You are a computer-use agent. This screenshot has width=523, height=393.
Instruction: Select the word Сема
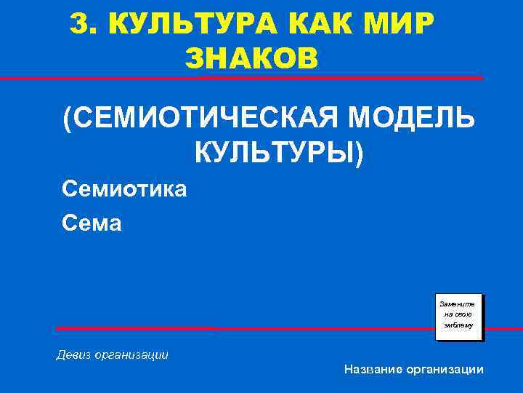click(x=92, y=223)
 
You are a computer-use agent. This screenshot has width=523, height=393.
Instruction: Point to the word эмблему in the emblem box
click(x=458, y=325)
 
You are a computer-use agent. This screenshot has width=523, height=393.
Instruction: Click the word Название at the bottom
click(x=373, y=370)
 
